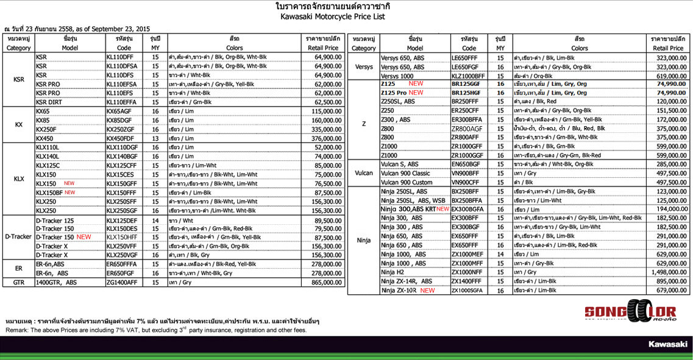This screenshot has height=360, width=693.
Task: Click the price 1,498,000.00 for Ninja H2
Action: (670, 272)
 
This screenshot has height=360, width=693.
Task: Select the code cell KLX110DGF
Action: (122, 148)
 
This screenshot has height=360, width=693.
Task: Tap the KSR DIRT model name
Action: (49, 102)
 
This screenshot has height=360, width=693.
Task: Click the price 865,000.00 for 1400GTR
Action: (323, 283)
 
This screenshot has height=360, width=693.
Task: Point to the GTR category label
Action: (18, 283)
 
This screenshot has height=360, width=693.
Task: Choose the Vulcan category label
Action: (363, 173)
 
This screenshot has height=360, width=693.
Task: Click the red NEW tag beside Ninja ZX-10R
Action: (427, 291)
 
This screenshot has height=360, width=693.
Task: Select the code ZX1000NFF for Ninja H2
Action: (467, 272)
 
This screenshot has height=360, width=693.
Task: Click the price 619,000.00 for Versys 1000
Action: (670, 75)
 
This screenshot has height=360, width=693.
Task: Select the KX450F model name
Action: (46, 138)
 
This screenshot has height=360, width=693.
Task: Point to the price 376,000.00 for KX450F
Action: (323, 138)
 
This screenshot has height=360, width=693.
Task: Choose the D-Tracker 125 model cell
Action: (55, 221)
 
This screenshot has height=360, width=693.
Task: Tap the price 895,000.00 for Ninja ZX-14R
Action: (670, 281)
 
